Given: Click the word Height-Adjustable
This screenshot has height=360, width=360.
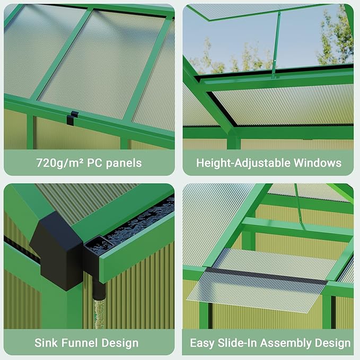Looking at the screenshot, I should [239, 163].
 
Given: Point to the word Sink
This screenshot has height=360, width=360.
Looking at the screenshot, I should [46, 343].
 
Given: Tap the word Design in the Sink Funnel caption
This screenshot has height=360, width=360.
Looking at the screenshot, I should [119, 343].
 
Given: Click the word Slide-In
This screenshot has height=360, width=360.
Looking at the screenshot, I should [237, 343].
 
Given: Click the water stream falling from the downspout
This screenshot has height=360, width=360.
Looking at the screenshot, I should [96, 313].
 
